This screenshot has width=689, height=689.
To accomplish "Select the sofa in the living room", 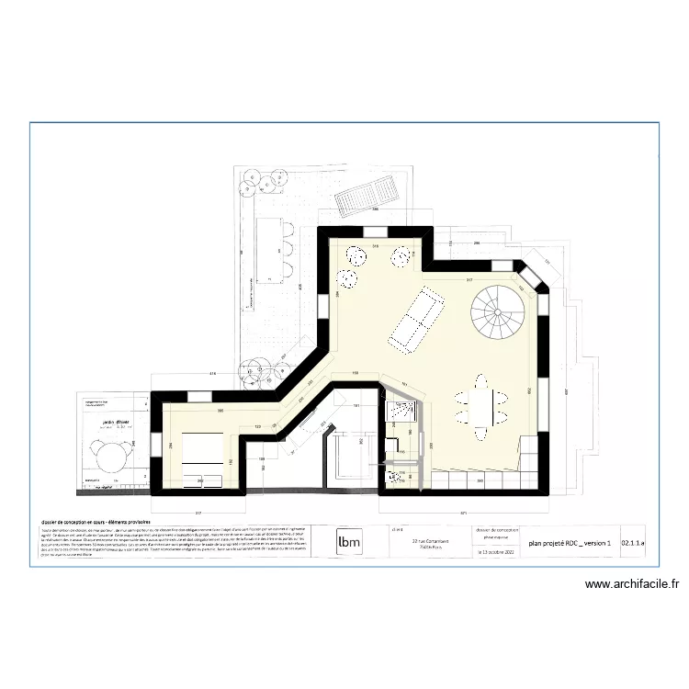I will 413,319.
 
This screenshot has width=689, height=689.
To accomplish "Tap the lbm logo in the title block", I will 348,542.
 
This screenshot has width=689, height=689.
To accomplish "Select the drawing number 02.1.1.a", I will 634,544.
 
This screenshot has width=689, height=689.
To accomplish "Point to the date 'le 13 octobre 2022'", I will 496,553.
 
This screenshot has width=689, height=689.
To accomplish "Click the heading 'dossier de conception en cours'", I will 91,521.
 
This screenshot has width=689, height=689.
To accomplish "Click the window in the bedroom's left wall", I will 157,445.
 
